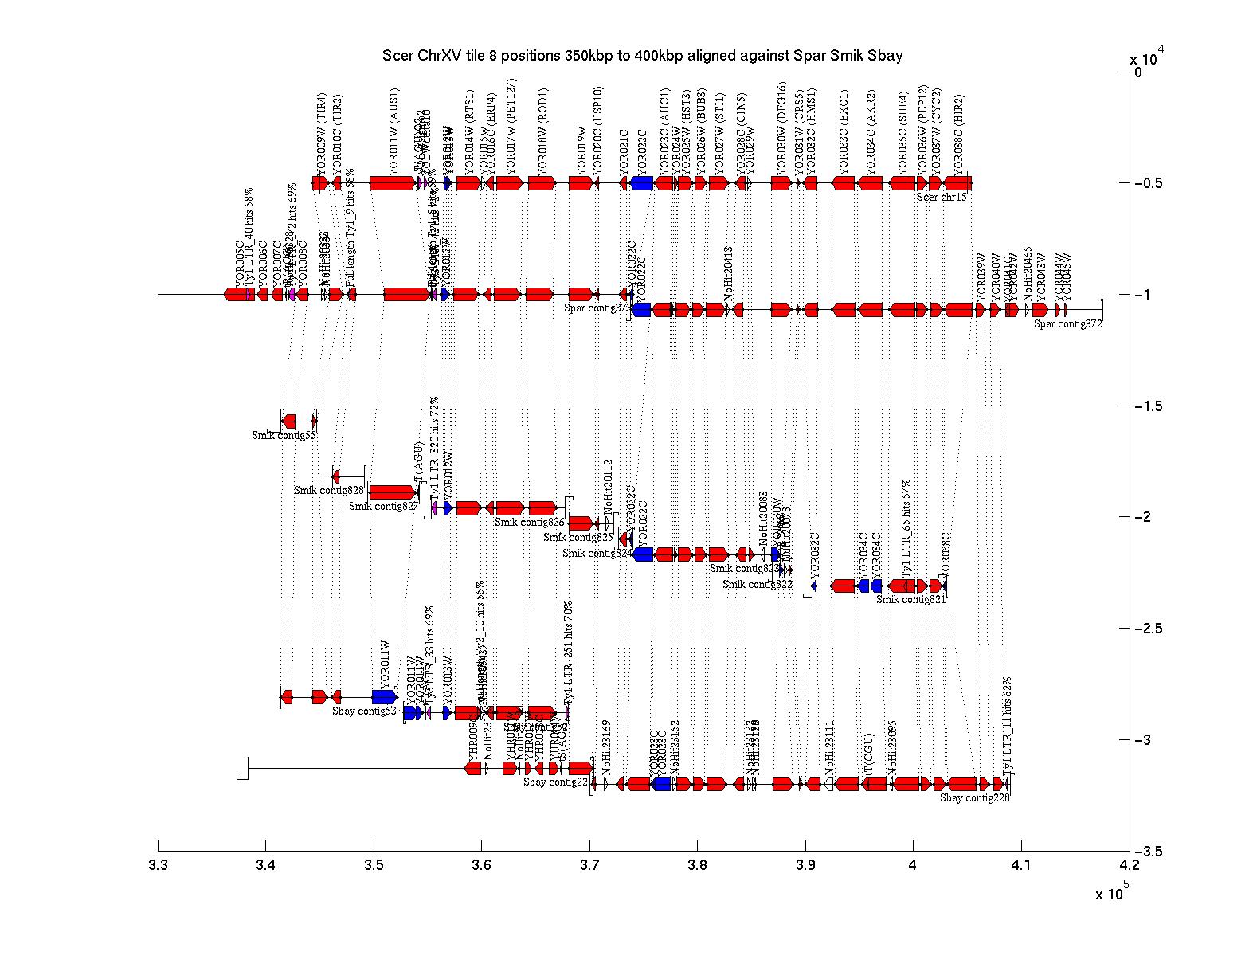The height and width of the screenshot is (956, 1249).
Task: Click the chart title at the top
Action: [642, 56]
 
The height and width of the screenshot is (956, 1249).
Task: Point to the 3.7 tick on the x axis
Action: [589, 846]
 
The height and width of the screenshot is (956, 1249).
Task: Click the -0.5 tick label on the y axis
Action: [1149, 183]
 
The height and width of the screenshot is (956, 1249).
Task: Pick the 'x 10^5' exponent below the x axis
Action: [1112, 893]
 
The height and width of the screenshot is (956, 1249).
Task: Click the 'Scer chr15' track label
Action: [942, 197]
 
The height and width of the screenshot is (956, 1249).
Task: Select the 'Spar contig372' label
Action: [1068, 323]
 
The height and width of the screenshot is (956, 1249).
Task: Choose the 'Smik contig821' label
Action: [910, 599]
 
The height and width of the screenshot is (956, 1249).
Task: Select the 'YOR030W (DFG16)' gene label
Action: [782, 127]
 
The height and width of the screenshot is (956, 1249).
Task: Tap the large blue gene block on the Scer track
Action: [642, 183]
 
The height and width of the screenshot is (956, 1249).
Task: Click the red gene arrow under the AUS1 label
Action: [393, 183]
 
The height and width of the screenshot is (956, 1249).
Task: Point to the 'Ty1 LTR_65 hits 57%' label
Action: [906, 528]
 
